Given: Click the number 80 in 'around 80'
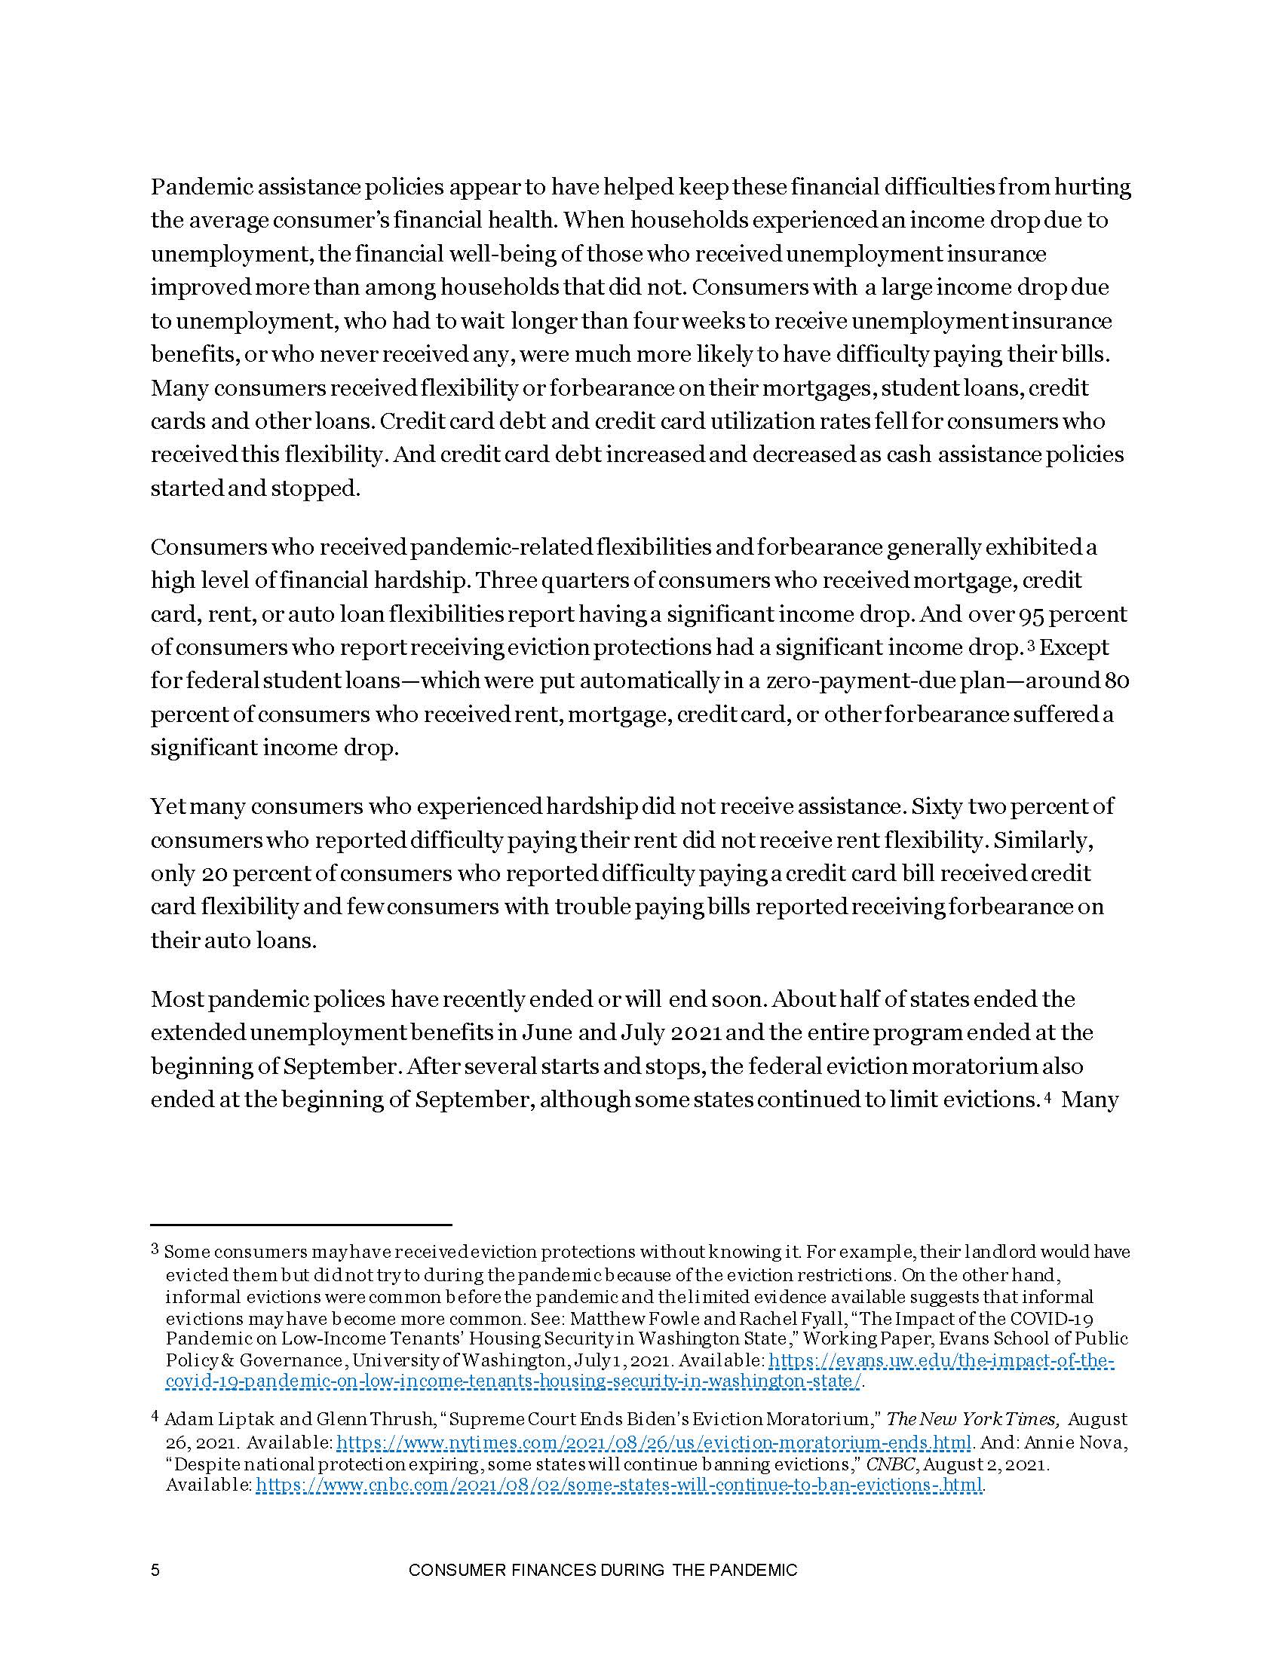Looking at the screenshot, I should click(x=1116, y=681).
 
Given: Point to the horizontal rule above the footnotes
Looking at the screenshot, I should click(x=301, y=1225).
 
